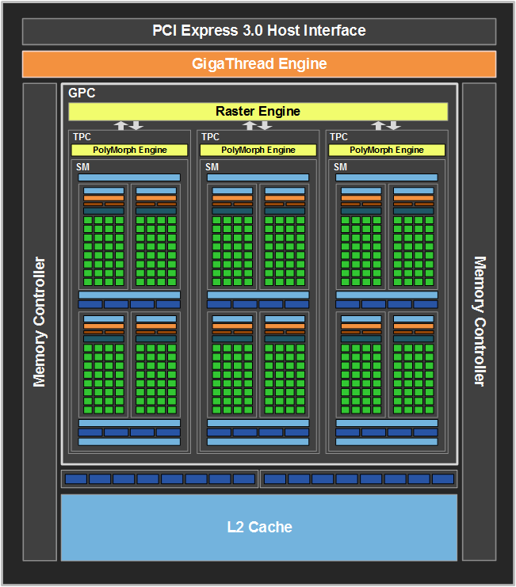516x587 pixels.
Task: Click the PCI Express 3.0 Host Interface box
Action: [259, 32]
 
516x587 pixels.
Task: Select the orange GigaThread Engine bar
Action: [259, 64]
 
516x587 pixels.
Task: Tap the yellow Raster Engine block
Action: [258, 112]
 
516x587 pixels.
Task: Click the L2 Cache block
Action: [259, 528]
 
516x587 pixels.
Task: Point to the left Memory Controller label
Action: [39, 322]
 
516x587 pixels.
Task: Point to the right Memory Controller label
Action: [480, 321]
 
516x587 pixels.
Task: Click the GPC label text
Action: [82, 93]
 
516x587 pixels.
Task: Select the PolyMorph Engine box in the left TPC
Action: [129, 151]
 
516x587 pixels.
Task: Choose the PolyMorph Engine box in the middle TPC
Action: [258, 151]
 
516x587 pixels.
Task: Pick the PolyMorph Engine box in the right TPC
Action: [387, 151]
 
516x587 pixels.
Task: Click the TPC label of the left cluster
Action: [82, 137]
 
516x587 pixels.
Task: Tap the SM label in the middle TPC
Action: [212, 167]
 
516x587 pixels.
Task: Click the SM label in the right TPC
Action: [340, 167]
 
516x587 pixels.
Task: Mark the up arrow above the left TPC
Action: [121, 125]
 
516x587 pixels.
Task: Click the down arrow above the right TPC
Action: [394, 125]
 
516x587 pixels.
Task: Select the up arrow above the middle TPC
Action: [250, 125]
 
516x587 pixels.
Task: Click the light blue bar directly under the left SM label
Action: [129, 177]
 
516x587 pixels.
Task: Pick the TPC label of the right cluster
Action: [339, 137]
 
